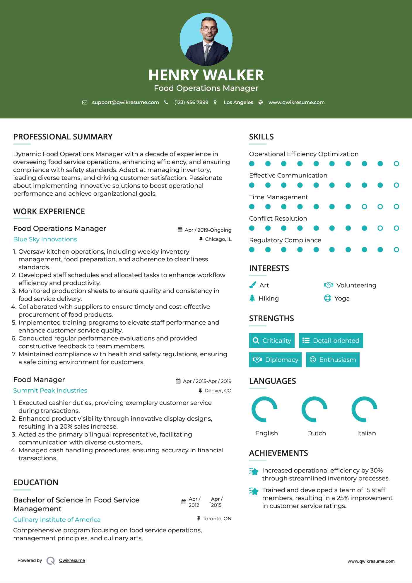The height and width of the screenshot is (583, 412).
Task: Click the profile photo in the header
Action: (206, 40)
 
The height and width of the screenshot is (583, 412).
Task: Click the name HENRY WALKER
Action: (206, 75)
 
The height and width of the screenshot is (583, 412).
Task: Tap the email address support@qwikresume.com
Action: (125, 103)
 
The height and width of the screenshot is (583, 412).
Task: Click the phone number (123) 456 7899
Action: (191, 103)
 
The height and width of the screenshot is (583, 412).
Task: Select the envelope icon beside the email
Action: (85, 103)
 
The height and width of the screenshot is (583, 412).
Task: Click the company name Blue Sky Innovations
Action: (45, 239)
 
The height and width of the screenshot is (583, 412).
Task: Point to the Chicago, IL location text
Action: (218, 239)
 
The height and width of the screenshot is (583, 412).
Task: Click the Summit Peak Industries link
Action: (50, 391)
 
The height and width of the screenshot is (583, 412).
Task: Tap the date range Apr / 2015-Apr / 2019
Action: (207, 381)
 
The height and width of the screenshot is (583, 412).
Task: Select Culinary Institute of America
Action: (57, 520)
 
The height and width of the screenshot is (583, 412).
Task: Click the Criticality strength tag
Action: (272, 340)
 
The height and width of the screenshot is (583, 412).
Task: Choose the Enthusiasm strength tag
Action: (333, 360)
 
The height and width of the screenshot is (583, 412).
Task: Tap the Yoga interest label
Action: (342, 299)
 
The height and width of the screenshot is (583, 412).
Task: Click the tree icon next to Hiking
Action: (252, 298)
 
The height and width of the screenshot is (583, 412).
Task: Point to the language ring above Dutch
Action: (314, 409)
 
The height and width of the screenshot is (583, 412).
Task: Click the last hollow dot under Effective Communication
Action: (396, 185)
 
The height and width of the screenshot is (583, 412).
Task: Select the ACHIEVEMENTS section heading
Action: (278, 453)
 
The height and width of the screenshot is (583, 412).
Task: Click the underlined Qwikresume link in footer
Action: (72, 560)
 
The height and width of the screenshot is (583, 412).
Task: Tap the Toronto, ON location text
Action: (217, 519)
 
